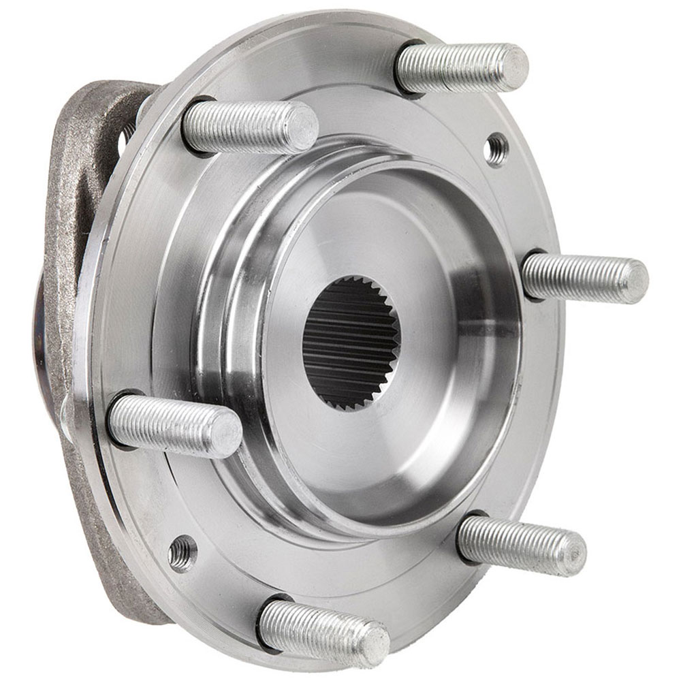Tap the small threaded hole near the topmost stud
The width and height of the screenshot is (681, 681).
496,148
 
